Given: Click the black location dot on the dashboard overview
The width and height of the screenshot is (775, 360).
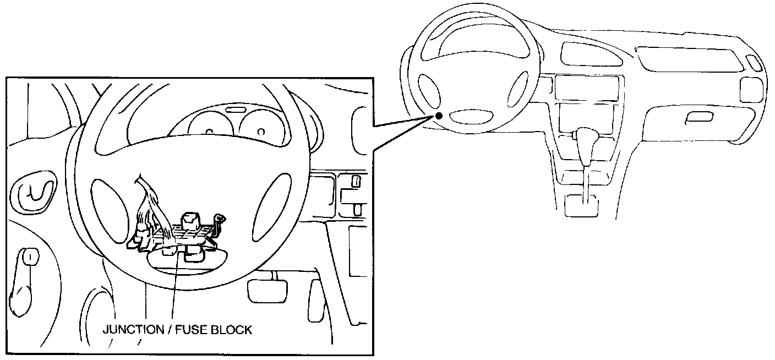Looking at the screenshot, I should tap(439, 116).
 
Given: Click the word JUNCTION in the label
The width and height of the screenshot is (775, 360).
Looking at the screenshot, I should tap(133, 330).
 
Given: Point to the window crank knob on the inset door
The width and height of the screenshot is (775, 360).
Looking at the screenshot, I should tap(30, 257).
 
